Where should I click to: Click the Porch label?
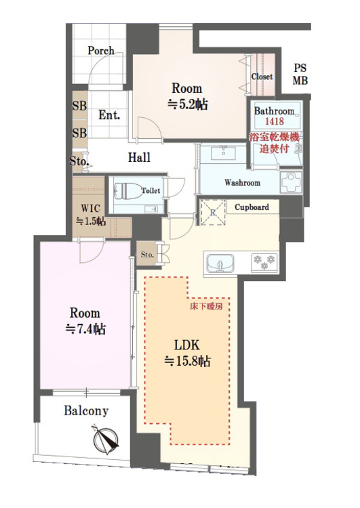click(x=101, y=51)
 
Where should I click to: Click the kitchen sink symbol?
click(x=220, y=261)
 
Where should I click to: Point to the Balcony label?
click(x=86, y=410)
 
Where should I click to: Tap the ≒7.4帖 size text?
click(x=85, y=330)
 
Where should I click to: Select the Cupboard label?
click(x=252, y=207)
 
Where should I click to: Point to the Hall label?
click(x=139, y=158)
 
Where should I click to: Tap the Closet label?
click(x=262, y=77)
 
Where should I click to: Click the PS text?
click(x=300, y=68)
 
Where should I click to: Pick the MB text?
click(x=300, y=80)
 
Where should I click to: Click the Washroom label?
click(x=242, y=183)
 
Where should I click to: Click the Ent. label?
click(x=109, y=115)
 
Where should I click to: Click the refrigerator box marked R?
click(x=212, y=211)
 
